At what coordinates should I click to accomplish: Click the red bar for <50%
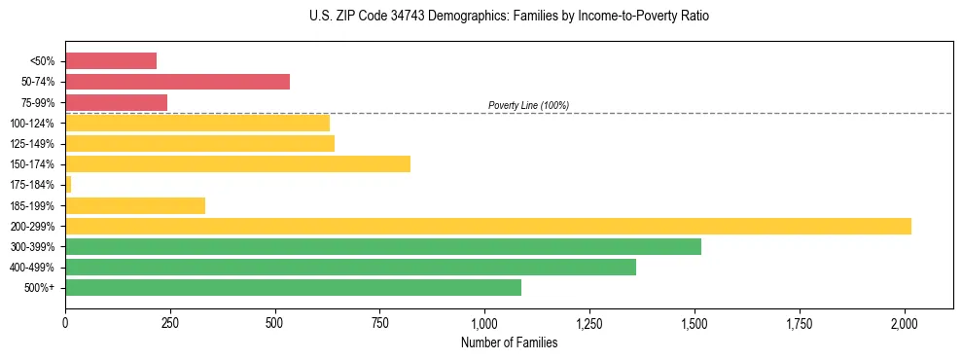(x=111, y=60)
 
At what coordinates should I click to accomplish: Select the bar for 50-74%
(x=177, y=82)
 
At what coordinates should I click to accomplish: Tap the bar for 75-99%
(x=116, y=102)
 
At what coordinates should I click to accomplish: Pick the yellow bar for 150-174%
(x=237, y=163)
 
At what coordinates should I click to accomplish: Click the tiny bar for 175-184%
(x=68, y=184)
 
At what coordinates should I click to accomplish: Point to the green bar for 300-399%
(x=383, y=246)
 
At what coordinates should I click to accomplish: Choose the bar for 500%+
(x=293, y=287)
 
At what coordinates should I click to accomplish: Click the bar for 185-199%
(x=135, y=205)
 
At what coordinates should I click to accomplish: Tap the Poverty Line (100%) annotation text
(x=528, y=105)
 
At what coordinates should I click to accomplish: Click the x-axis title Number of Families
(x=509, y=342)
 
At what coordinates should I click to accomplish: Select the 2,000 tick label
(x=905, y=323)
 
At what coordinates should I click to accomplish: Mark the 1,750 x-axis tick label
(x=800, y=323)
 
